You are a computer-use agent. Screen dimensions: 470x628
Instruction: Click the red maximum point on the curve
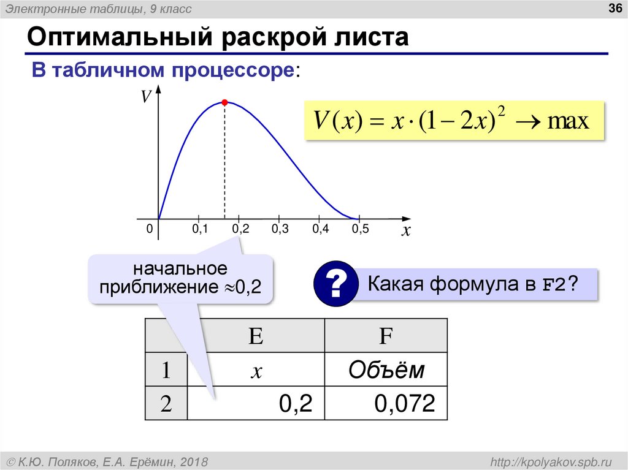tap(224, 102)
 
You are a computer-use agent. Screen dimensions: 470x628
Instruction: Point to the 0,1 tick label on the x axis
tap(201, 229)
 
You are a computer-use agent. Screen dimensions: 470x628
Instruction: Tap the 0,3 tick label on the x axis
tap(280, 229)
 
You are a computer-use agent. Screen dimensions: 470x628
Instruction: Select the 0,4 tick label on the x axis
tap(320, 229)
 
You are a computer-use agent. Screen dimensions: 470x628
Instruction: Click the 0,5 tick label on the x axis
tap(360, 229)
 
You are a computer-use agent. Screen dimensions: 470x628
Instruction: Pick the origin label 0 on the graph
tap(149, 229)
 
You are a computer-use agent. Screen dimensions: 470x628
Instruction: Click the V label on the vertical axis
tap(147, 97)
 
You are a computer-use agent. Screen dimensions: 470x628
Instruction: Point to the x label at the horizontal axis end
tap(405, 232)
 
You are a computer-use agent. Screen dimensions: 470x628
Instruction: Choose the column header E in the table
tap(256, 336)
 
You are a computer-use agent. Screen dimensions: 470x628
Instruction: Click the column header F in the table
tap(386, 336)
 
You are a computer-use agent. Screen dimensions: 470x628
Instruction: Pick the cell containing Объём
tap(386, 370)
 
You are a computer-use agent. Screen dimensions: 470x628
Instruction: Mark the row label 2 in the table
tap(166, 404)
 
